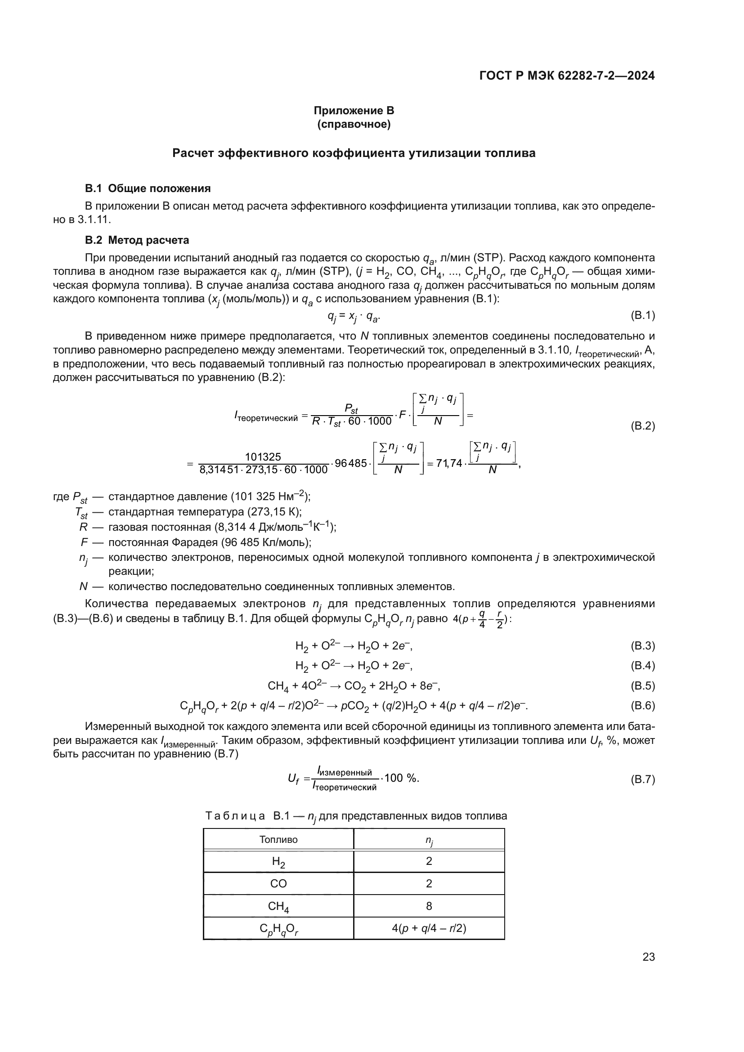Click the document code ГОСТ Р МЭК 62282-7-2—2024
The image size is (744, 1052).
point(567,76)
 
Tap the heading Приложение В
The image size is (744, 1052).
point(354,111)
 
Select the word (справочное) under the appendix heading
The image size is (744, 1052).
point(354,124)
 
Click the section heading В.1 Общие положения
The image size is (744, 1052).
point(148,188)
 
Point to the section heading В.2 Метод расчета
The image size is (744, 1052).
point(137,240)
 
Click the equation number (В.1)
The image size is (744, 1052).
point(642,315)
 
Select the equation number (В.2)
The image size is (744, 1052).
point(642,426)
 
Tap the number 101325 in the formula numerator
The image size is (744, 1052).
point(263,457)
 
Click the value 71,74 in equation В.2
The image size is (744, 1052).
point(449,463)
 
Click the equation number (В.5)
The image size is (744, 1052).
point(642,686)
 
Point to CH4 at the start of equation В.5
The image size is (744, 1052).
point(278,686)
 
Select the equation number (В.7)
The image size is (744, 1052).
point(642,779)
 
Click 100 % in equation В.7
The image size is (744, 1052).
point(401,778)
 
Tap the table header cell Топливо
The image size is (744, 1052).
point(278,839)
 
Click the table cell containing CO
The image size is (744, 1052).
point(278,883)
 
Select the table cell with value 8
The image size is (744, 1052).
point(429,906)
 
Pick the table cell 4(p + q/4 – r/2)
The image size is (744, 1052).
point(429,928)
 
